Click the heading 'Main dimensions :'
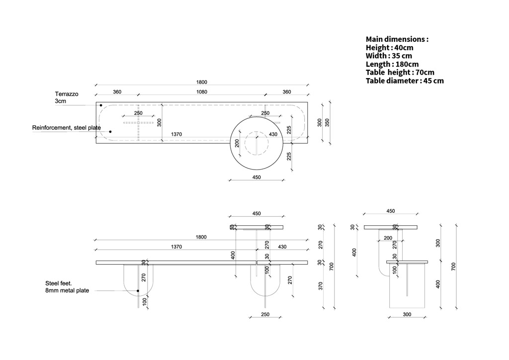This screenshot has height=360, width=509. (x=397, y=39)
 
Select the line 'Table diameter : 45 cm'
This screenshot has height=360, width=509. (x=405, y=81)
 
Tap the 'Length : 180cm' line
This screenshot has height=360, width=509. (x=392, y=64)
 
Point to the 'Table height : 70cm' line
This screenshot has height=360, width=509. (x=400, y=73)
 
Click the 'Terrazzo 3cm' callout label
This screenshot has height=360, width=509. (x=67, y=97)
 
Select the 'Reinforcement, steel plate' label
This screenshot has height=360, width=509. (x=67, y=128)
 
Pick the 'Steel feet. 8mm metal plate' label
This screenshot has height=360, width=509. (x=67, y=287)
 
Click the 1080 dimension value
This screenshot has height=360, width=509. (x=202, y=92)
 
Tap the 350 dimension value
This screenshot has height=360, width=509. (x=327, y=122)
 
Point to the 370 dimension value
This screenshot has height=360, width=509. (x=321, y=285)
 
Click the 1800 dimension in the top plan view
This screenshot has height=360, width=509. (x=202, y=82)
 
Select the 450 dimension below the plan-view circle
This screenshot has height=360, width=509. (x=256, y=177)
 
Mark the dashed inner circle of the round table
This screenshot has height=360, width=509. (x=245, y=143)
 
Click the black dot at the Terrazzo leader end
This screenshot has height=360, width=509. (x=101, y=105)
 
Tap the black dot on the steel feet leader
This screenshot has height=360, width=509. (x=138, y=291)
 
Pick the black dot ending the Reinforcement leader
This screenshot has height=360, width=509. (x=110, y=131)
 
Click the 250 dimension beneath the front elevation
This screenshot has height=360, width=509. (x=265, y=314)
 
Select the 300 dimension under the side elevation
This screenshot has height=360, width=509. (x=407, y=314)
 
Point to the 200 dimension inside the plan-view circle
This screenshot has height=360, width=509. (x=237, y=143)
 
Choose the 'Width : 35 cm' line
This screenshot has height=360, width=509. (x=389, y=56)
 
